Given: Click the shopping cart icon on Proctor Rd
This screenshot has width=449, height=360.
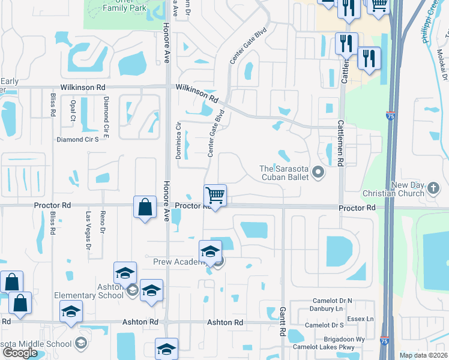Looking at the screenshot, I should click(x=215, y=196).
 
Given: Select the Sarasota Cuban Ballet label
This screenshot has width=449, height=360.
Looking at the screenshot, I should click(x=285, y=173).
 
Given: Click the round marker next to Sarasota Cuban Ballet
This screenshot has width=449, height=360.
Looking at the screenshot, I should click(x=318, y=173).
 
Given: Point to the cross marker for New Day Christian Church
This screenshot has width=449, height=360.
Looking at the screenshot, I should click(x=435, y=190).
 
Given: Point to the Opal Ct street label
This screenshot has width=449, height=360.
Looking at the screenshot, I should click(x=73, y=110).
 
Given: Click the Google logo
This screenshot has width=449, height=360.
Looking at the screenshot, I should click(x=20, y=352).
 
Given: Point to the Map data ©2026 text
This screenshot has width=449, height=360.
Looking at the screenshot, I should click(x=423, y=355).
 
